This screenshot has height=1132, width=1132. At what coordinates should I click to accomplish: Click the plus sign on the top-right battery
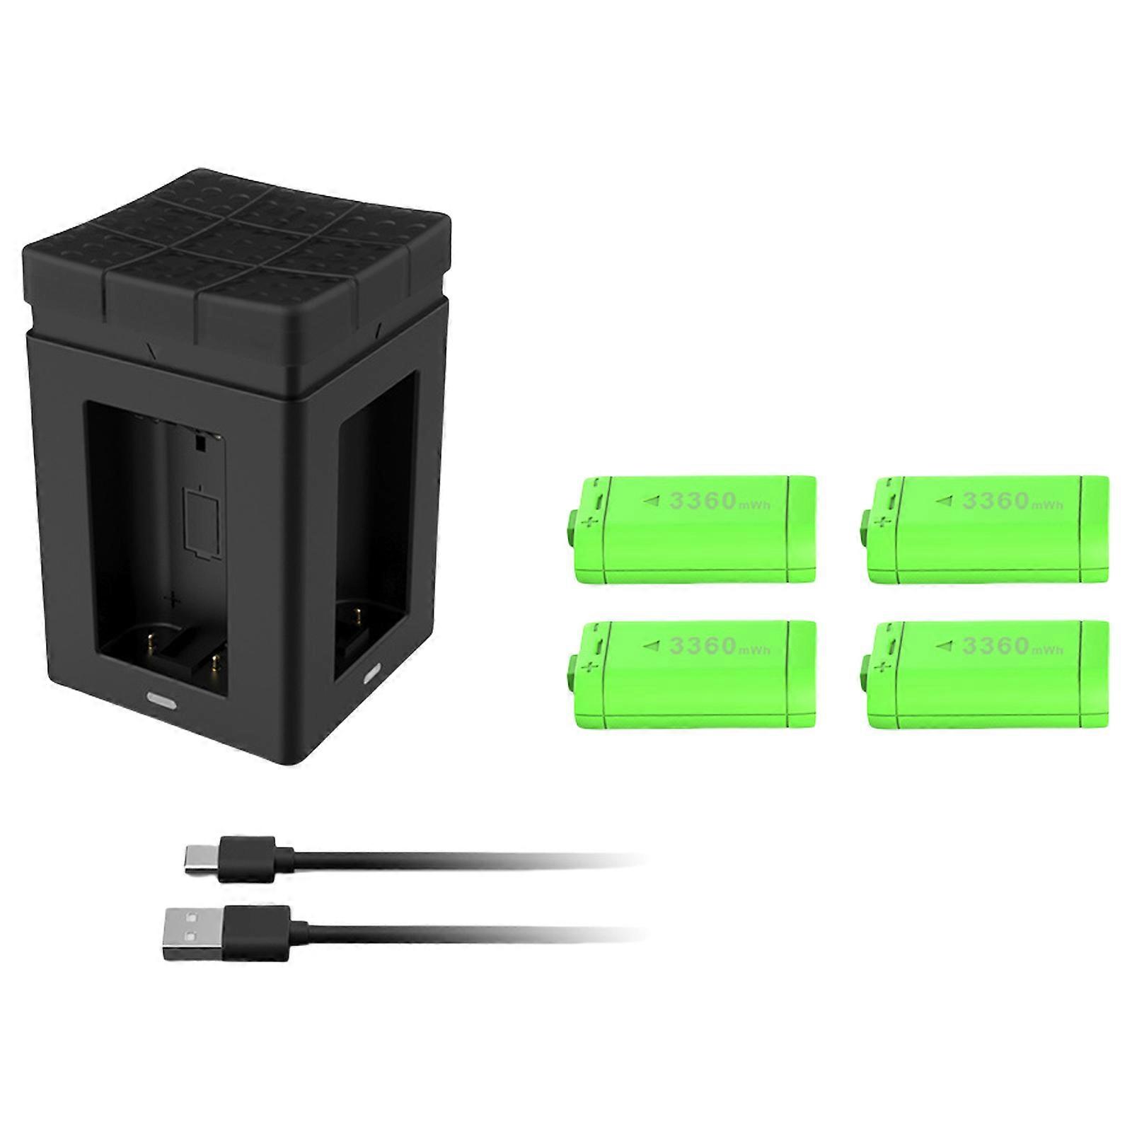coord(880,522)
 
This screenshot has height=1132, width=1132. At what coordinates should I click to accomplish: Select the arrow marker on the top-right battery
coord(944,501)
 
